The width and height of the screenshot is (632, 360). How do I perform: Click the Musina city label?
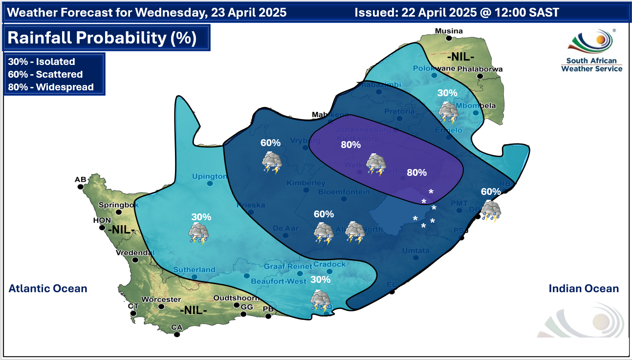tap(449, 31)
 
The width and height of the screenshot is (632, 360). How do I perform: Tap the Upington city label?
tap(210, 176)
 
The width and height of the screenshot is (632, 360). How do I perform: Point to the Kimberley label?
tap(306, 183)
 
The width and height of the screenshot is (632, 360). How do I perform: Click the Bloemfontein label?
tap(344, 192)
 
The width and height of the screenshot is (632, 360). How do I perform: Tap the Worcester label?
tap(161, 299)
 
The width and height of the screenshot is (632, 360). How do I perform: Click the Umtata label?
tap(415, 251)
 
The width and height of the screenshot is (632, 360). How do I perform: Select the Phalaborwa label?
tap(479, 69)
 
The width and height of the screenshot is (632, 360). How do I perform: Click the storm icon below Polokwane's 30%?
tap(448, 112)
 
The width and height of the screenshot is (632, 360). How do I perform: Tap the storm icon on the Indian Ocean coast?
tap(490, 212)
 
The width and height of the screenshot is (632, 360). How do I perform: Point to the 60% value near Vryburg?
tap(270, 143)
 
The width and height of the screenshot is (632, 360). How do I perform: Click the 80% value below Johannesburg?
tap(350, 145)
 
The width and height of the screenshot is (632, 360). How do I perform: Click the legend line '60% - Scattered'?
tap(45, 75)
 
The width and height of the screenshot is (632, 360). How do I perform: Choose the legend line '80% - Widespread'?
tap(50, 87)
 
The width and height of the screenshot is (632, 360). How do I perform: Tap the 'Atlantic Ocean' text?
tap(48, 288)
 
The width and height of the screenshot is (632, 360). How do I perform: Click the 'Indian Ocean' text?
tap(584, 288)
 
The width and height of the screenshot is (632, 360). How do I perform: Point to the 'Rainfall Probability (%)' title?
tap(103, 38)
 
